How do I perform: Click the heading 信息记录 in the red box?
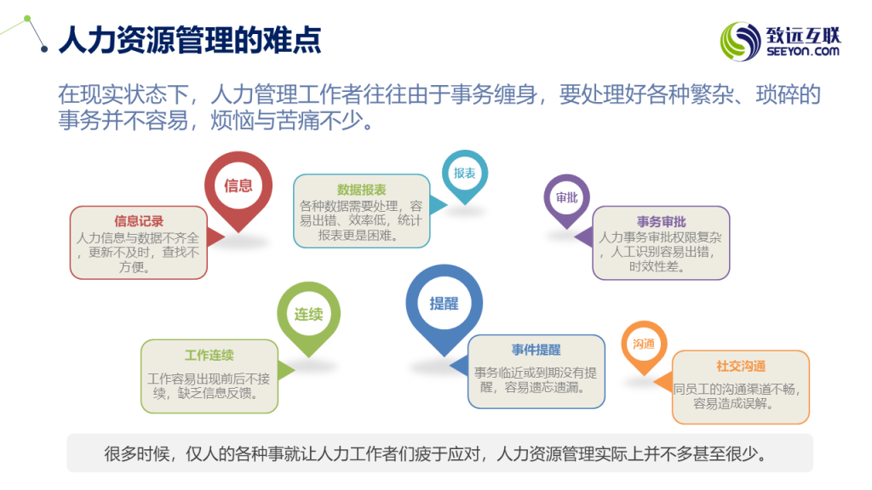coord(139,221)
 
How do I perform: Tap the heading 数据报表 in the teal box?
coord(361,190)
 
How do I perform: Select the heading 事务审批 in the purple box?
coord(661,222)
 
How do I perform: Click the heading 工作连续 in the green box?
coord(209,355)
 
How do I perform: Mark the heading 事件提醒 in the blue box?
coord(536,350)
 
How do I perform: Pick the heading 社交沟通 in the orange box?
coord(741,366)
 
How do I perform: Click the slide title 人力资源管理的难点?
coord(190,39)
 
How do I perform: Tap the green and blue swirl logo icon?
coord(740,41)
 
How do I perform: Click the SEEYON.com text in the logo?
coord(803,52)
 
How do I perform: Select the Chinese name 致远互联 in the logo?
coord(804,36)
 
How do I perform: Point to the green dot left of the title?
coord(27,19)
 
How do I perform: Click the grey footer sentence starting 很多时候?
coord(435,454)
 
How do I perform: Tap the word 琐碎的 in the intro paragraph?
coord(788,94)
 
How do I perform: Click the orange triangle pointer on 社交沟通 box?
coord(663,382)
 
